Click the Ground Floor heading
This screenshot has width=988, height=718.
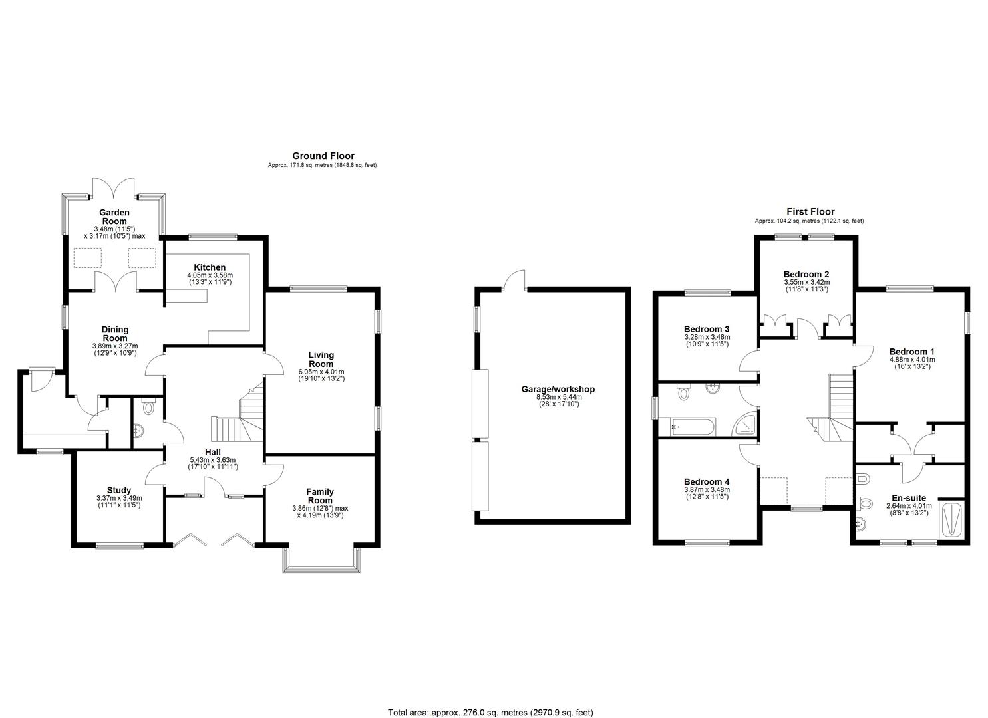pos(323,156)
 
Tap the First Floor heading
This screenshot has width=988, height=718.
pos(810,211)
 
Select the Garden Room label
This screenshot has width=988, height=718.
pos(114,217)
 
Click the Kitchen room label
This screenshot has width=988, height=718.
pos(210,267)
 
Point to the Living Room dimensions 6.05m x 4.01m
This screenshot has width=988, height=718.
pos(321,372)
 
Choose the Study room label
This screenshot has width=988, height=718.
pos(119,490)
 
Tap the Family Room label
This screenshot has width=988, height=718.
pos(320,496)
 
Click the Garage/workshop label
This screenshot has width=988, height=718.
pos(558,389)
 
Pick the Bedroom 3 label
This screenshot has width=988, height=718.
pos(707,329)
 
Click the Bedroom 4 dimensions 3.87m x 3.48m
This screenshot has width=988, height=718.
pos(707,490)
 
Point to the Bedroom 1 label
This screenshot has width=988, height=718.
pos(911,352)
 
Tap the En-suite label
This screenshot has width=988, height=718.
pos(909,498)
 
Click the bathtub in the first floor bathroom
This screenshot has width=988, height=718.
pos(692,427)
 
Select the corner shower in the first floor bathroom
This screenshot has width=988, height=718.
pos(744,423)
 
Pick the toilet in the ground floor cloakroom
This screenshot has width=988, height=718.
pos(148,406)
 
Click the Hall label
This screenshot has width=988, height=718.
pos(213,452)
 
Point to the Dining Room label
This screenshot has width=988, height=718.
pos(115,334)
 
